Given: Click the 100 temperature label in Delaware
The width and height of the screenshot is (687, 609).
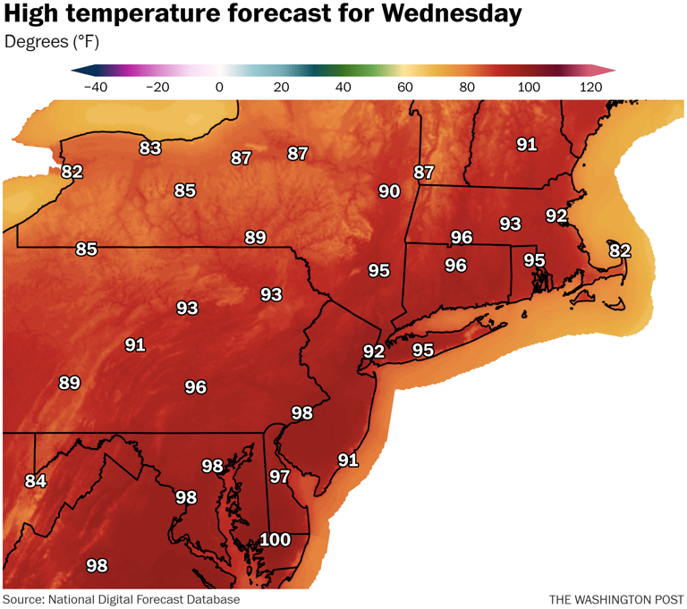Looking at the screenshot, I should pyautogui.click(x=276, y=540).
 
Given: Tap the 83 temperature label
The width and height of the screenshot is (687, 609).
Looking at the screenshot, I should pyautogui.click(x=150, y=148).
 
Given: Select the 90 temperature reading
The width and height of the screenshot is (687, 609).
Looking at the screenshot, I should pyautogui.click(x=389, y=191).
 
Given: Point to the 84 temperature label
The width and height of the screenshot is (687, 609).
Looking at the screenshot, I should pyautogui.click(x=35, y=481).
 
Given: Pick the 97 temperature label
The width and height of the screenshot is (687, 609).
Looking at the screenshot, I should pyautogui.click(x=280, y=477).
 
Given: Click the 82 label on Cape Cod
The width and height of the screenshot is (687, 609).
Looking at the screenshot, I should pyautogui.click(x=620, y=250).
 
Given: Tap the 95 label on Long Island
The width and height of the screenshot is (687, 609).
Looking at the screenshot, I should pyautogui.click(x=422, y=351).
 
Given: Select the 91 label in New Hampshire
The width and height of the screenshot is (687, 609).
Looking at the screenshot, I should pyautogui.click(x=527, y=144).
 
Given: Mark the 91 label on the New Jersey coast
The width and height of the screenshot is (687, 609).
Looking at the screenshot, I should pyautogui.click(x=348, y=461).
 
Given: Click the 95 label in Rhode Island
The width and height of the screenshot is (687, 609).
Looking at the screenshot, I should pyautogui.click(x=534, y=260).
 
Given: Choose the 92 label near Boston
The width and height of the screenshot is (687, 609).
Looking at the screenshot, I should pyautogui.click(x=556, y=216).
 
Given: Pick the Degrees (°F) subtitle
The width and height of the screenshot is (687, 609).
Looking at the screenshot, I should pyautogui.click(x=52, y=42).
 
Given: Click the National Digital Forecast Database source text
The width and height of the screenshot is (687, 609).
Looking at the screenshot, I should pyautogui.click(x=145, y=599).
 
